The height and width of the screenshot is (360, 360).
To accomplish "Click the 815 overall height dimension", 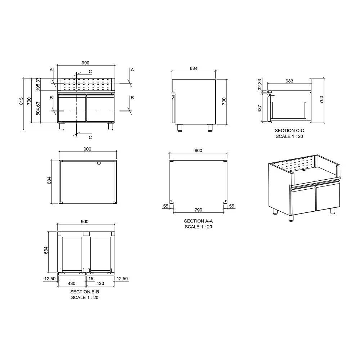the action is pyautogui.click(x=21, y=101).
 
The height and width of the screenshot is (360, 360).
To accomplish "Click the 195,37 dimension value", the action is pyautogui.click(x=38, y=84).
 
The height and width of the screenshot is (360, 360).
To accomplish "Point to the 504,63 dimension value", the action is pyautogui.click(x=38, y=108).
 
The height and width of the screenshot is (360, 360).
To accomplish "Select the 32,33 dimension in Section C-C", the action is pyautogui.click(x=260, y=85).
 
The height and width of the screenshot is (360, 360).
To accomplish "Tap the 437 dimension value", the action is pyautogui.click(x=260, y=109).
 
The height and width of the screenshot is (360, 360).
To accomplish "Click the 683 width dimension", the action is pyautogui.click(x=289, y=81).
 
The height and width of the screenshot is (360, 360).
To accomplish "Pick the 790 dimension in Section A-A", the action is pyautogui.click(x=198, y=210).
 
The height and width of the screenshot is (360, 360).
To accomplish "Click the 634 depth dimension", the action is pyautogui.click(x=46, y=250).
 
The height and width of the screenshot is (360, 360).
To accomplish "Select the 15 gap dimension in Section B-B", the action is pyautogui.click(x=91, y=279).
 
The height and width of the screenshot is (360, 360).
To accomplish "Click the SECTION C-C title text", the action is pyautogui.click(x=289, y=130).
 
